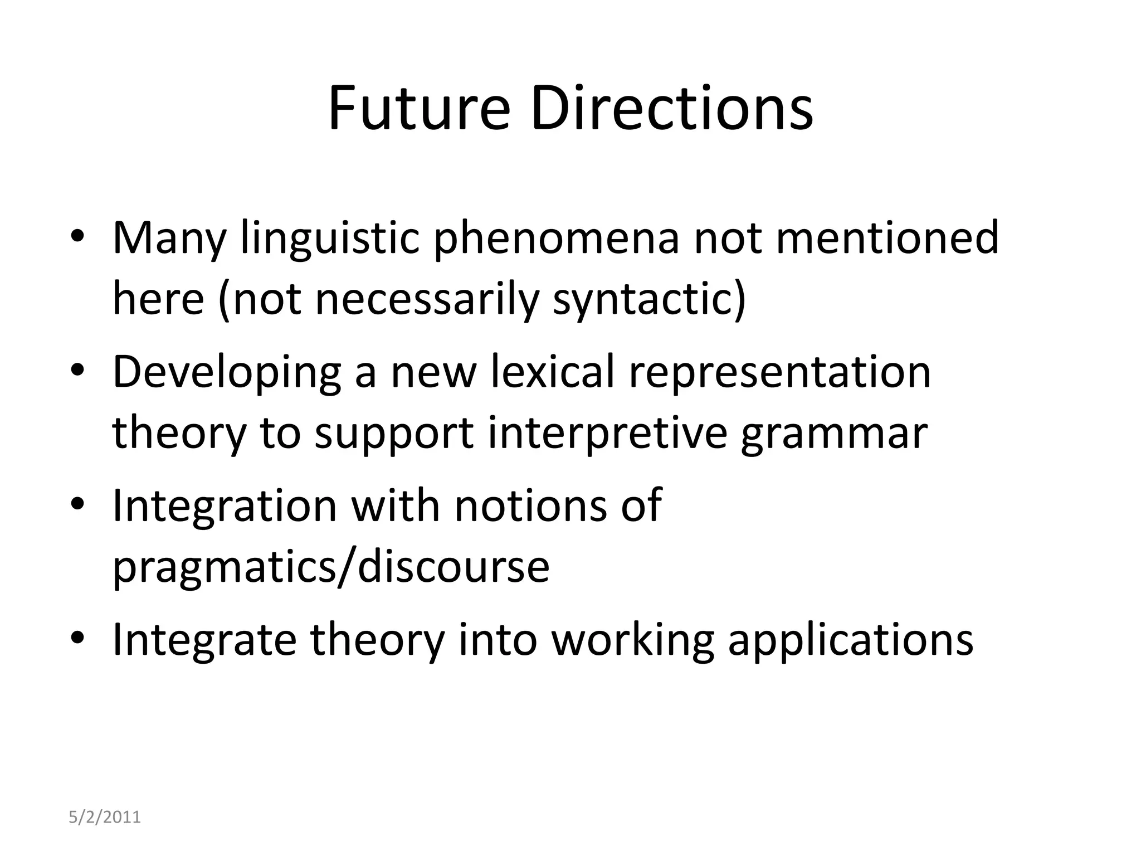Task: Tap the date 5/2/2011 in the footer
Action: [x=105, y=817]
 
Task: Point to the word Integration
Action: [x=225, y=506]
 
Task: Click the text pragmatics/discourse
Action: [x=331, y=567]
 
